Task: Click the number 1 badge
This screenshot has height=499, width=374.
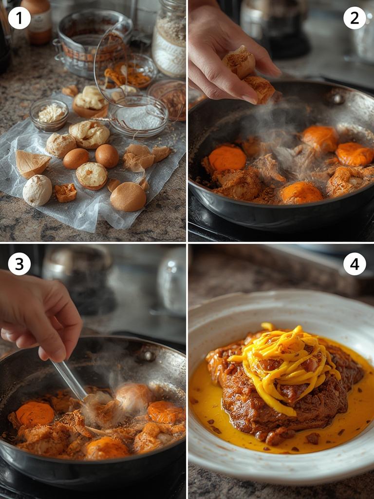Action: [19, 18]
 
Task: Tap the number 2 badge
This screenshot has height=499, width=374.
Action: [354, 18]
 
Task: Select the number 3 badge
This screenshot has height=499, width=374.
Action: [19, 264]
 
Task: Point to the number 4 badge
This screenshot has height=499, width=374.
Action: [354, 264]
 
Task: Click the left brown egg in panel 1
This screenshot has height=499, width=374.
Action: [76, 158]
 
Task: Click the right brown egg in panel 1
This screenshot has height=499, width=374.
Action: [107, 155]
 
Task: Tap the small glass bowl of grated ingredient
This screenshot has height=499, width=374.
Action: [49, 115]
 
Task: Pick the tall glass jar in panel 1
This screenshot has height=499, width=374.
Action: [169, 39]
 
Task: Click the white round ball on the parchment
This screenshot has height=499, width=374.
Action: [37, 190]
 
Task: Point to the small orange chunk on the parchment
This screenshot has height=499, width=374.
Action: [66, 192]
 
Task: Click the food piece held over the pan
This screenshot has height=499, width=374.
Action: [248, 73]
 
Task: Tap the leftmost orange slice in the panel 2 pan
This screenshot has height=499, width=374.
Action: [227, 158]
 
